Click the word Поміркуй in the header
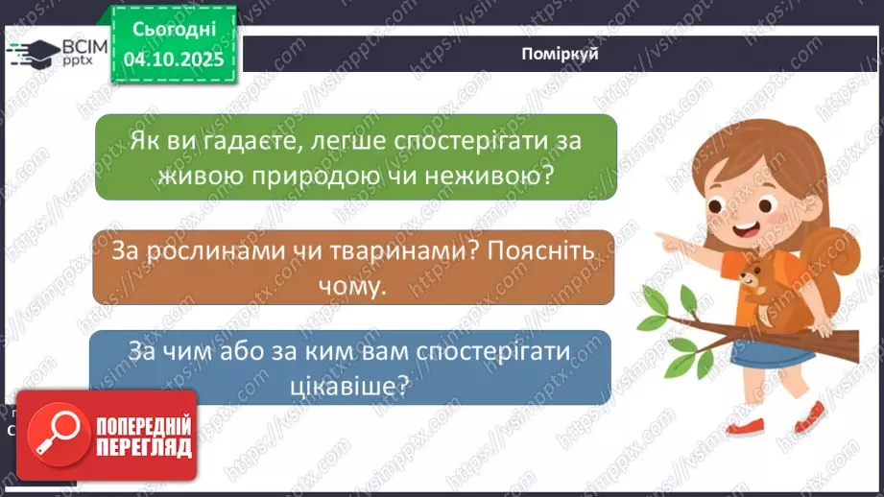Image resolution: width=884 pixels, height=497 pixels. tap(561, 54)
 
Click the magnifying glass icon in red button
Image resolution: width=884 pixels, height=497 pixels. tap(54, 436)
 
